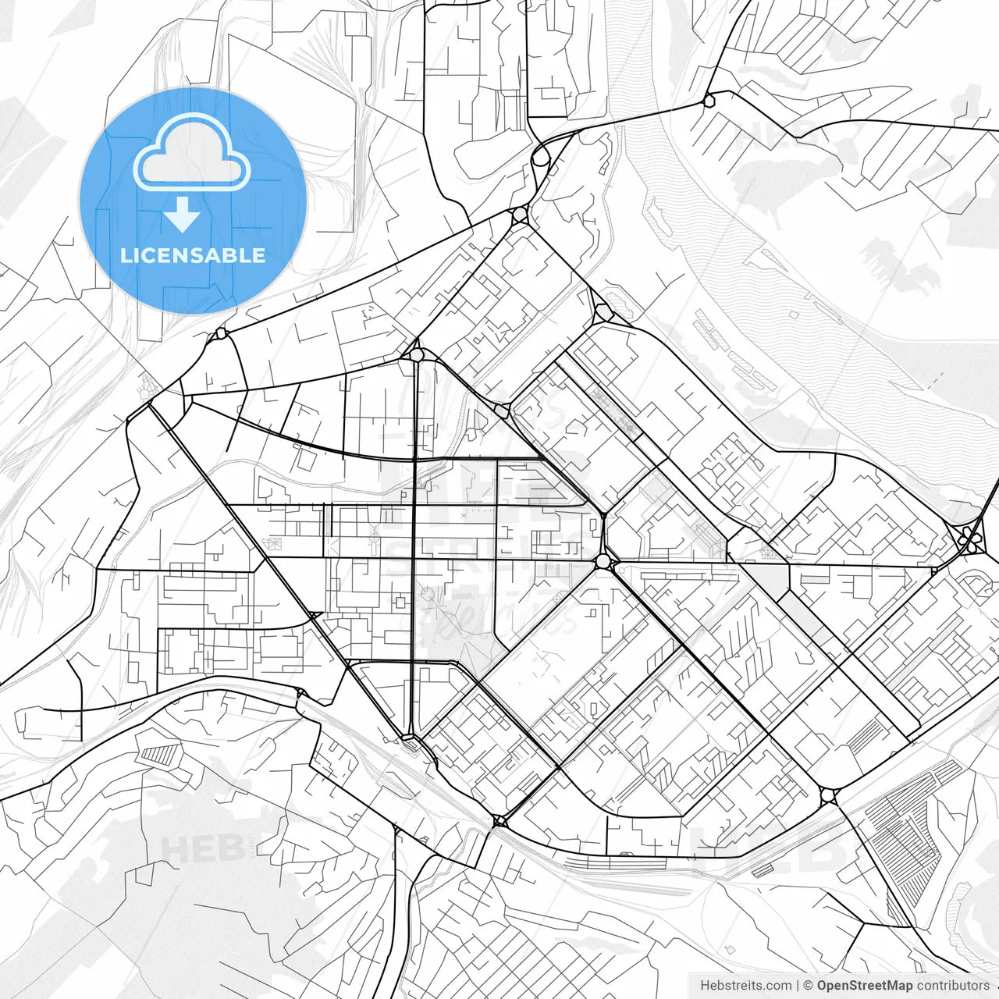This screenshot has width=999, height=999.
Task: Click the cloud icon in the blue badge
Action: [192, 151]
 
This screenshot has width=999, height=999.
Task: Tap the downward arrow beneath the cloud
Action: [183, 215]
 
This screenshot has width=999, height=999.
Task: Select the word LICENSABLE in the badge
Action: [193, 255]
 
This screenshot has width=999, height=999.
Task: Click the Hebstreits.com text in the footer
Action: [745, 985]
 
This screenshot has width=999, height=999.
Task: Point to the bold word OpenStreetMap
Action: [864, 985]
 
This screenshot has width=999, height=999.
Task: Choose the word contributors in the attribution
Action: [953, 985]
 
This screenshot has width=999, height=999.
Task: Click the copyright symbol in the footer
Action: [808, 985]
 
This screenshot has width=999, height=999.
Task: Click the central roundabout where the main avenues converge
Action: [602, 561]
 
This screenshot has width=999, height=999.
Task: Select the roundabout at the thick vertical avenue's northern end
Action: [416, 355]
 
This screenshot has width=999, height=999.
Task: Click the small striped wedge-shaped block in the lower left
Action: [160, 755]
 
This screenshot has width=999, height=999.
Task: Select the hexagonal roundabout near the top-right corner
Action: [709, 100]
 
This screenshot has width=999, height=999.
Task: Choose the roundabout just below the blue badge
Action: [221, 333]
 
